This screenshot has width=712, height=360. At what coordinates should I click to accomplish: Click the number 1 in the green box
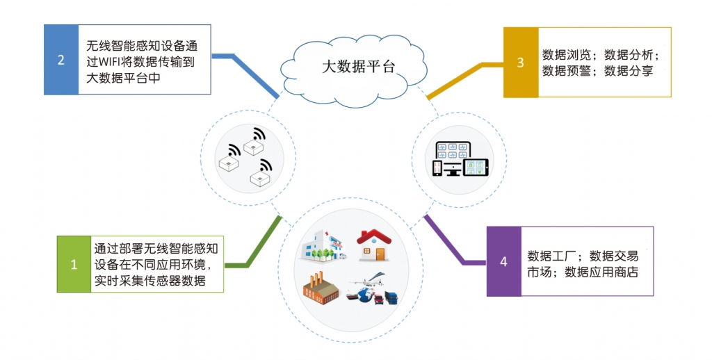(x=74, y=264)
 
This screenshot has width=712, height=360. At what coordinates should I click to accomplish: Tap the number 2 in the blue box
(x=61, y=60)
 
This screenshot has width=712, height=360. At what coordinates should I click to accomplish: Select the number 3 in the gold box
(x=520, y=62)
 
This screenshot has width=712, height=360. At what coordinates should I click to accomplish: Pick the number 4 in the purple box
(x=503, y=261)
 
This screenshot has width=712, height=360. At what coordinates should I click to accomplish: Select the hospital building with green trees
(x=322, y=247)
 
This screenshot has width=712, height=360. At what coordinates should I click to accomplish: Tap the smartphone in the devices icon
(x=437, y=168)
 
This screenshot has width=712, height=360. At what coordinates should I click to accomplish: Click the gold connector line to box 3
(x=459, y=76)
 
